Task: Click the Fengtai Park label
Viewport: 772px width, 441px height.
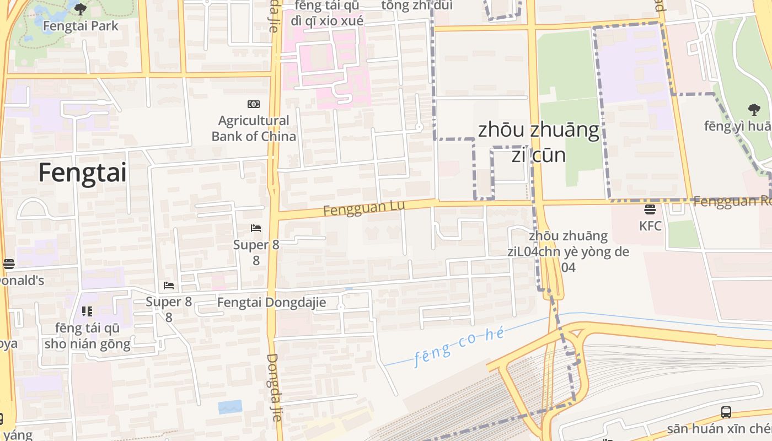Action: [x=81, y=26]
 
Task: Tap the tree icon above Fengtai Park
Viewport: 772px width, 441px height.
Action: [x=81, y=9]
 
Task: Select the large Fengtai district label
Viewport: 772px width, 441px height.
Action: [x=83, y=173]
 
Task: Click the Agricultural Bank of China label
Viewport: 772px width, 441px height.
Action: [x=254, y=128]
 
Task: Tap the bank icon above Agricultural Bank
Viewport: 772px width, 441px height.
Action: [x=254, y=104]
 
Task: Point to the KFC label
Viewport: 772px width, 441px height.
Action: [x=650, y=226]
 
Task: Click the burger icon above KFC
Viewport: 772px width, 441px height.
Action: [x=650, y=209]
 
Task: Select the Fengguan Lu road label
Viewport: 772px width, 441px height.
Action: [x=363, y=208]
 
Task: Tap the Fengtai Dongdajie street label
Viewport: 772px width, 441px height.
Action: [x=271, y=303]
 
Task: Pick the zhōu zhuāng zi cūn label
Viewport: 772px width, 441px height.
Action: [x=539, y=142]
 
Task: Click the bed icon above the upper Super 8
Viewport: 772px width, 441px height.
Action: [x=256, y=228]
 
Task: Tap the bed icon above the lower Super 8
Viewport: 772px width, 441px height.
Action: [x=169, y=285]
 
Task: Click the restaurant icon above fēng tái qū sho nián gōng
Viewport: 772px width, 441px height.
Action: [x=87, y=312]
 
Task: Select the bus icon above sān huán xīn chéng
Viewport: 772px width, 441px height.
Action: [x=726, y=412]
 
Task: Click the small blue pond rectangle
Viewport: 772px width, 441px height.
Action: [x=230, y=407]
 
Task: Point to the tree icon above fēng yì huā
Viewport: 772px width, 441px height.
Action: [x=754, y=109]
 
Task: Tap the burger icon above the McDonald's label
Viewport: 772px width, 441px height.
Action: [x=8, y=264]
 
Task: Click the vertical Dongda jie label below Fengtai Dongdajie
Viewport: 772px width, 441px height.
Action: [x=274, y=388]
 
